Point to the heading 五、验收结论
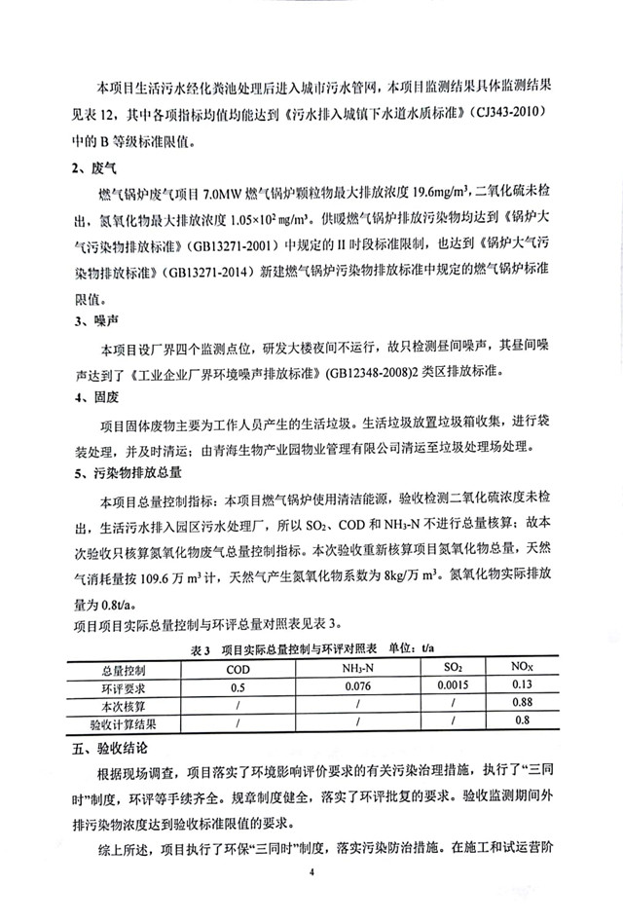pyautogui.click(x=107, y=744)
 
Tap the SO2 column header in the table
pyautogui.click(x=454, y=669)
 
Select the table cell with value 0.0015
pyautogui.click(x=454, y=687)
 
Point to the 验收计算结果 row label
pyautogui.click(x=123, y=722)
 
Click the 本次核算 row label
pyautogui.click(x=123, y=705)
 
